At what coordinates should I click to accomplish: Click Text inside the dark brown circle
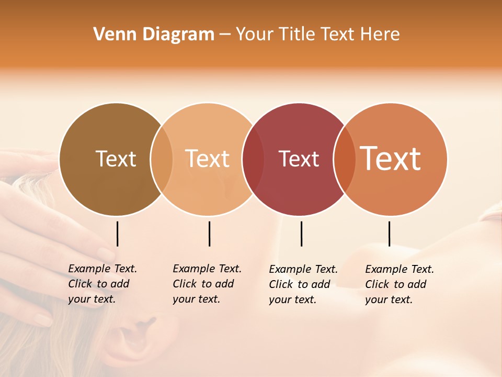click(x=116, y=159)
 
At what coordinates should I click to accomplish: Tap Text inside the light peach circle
click(x=208, y=159)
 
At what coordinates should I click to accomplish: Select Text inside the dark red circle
click(x=299, y=159)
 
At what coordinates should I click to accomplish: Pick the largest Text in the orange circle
click(x=391, y=159)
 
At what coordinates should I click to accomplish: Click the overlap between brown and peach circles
click(x=162, y=159)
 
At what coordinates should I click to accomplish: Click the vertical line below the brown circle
click(x=117, y=234)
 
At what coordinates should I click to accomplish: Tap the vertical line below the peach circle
click(x=209, y=234)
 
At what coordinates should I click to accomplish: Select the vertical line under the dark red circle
click(x=301, y=234)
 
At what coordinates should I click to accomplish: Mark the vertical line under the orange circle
click(x=389, y=234)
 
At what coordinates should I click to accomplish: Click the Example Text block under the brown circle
click(x=102, y=284)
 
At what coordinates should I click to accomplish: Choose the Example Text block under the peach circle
click(x=207, y=284)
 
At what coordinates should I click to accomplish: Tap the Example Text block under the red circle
click(x=303, y=284)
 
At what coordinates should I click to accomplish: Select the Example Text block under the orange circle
click(x=400, y=284)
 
